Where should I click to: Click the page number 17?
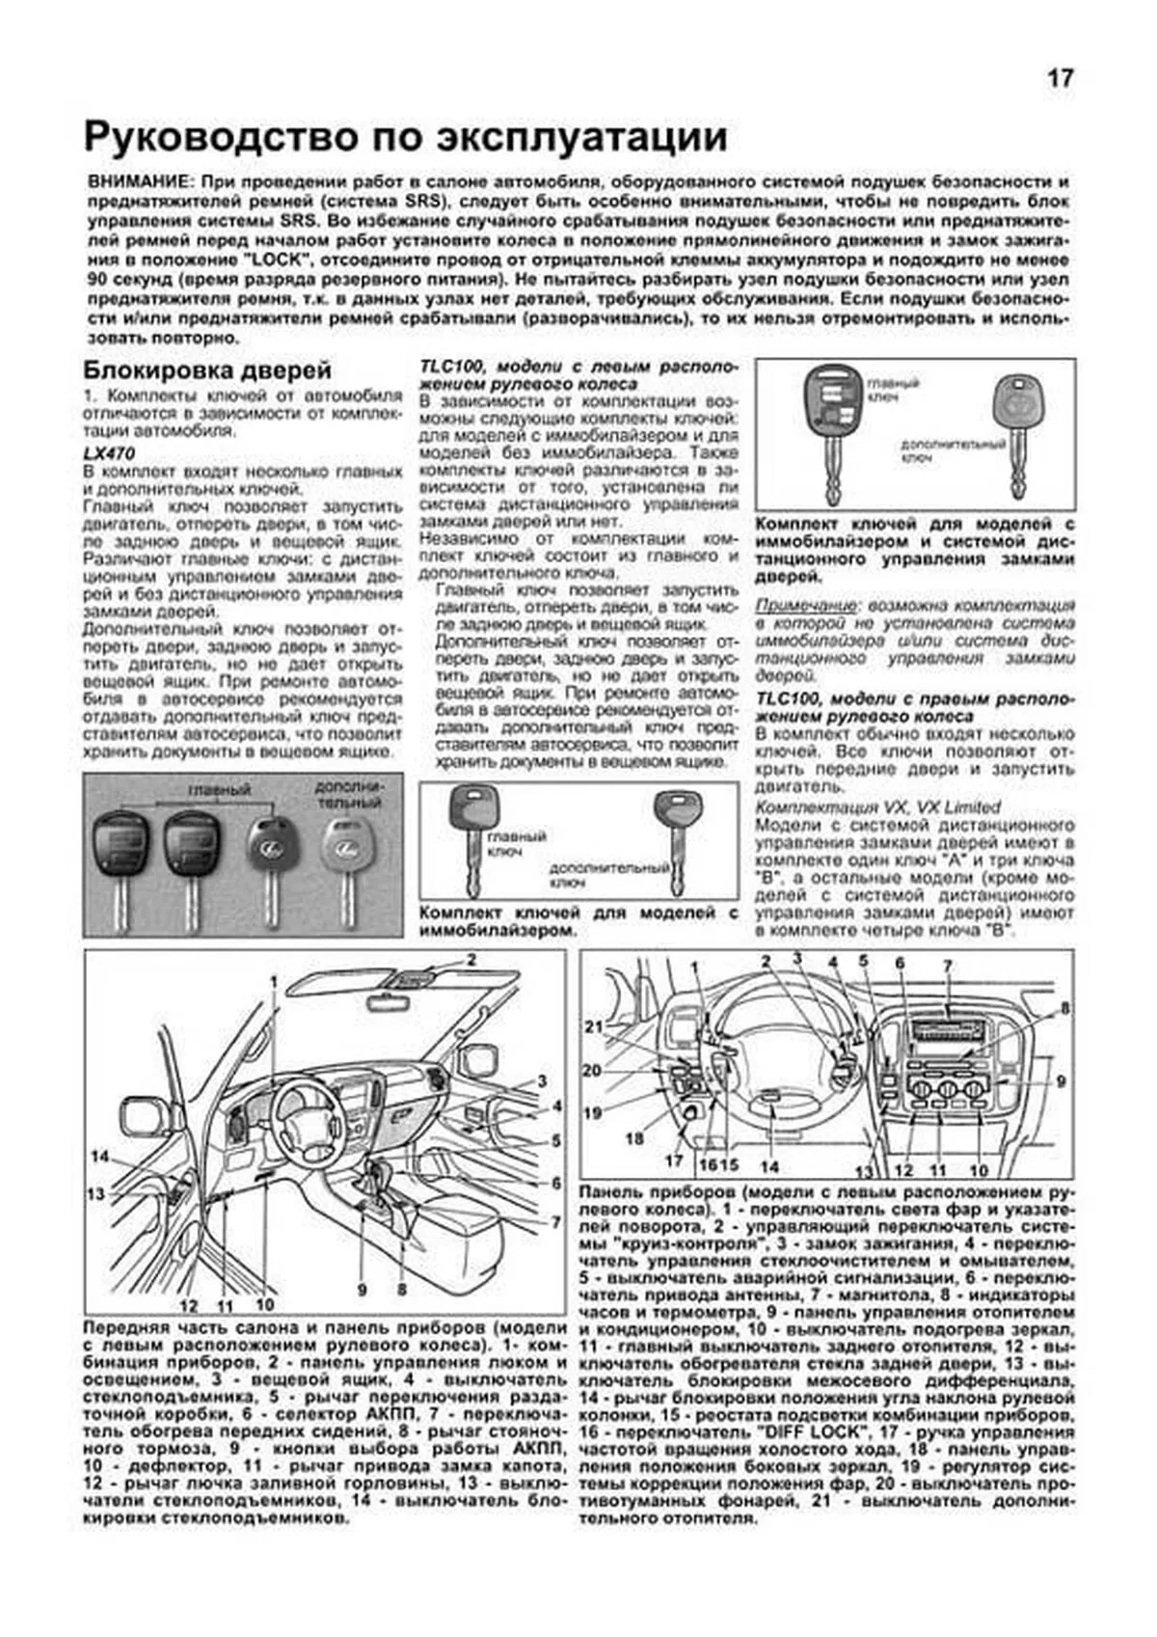tap(1060, 79)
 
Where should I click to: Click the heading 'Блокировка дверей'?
tap(207, 370)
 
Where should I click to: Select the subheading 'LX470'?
tap(109, 453)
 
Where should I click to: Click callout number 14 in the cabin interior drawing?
tap(99, 1157)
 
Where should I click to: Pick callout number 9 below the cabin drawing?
tap(363, 1289)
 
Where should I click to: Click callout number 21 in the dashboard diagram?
tap(592, 1026)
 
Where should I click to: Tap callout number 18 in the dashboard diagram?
tap(633, 1138)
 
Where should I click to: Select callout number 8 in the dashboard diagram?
tap(1064, 1009)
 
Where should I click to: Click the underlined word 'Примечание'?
tap(804, 606)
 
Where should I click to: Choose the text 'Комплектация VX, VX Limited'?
tap(877, 807)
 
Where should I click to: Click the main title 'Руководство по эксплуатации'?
tap(405, 137)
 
